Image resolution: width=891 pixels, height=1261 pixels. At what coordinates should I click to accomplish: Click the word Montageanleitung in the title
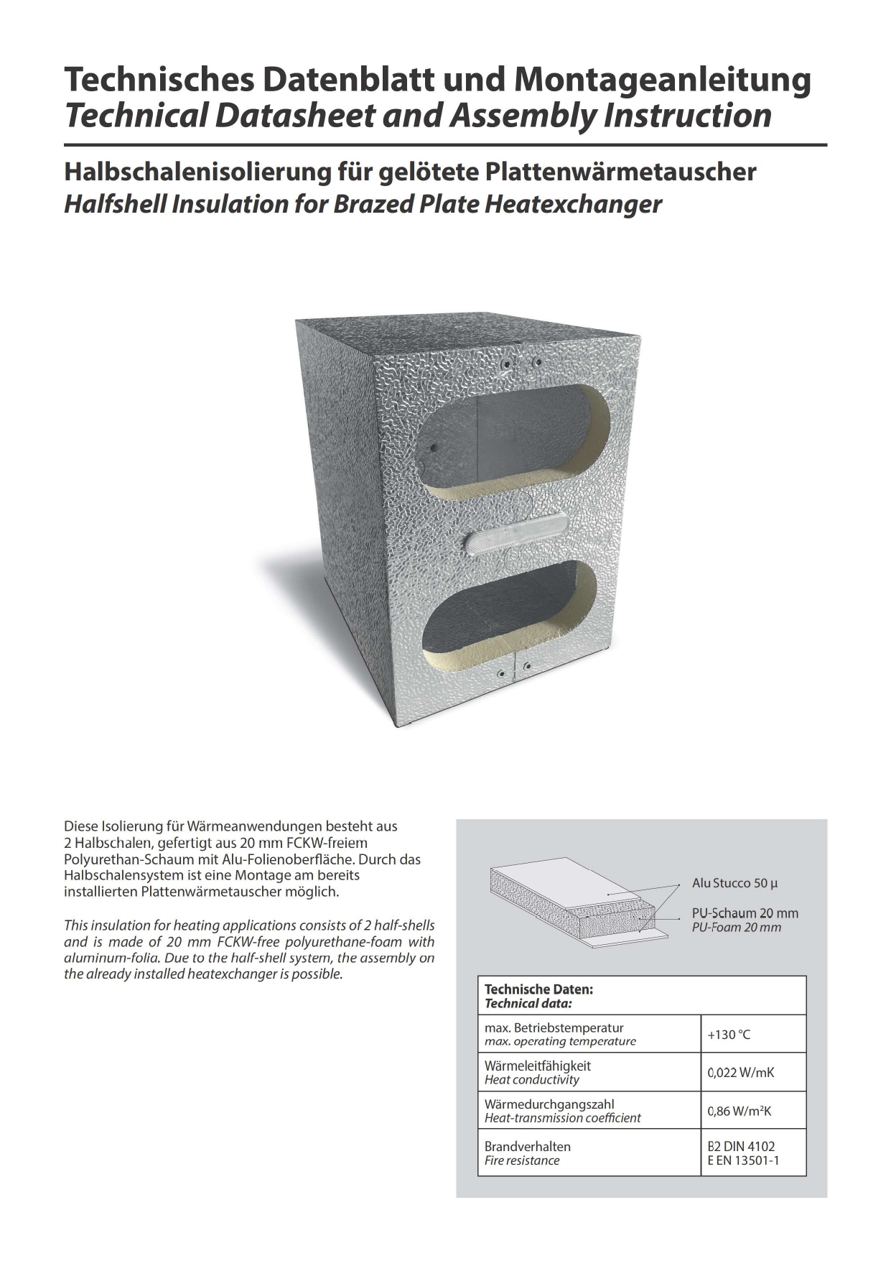pos(663,80)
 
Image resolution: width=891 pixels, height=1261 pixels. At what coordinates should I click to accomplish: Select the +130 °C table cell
pos(729,1035)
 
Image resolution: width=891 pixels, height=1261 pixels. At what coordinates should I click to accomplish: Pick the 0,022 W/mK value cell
pos(741,1073)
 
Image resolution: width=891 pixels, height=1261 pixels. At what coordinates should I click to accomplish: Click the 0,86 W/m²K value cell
pos(740,1111)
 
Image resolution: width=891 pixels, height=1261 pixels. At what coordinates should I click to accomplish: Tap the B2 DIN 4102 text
pos(742,1147)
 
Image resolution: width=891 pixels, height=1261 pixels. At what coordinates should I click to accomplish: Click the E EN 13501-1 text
pos(743,1160)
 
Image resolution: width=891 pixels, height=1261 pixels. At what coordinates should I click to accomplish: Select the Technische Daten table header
pos(538,989)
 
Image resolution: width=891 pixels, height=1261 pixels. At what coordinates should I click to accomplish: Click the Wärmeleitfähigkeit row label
pos(538,1066)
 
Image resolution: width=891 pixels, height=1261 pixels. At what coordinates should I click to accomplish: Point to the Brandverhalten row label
pos(528,1147)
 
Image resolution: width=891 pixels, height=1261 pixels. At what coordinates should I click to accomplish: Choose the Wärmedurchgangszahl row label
pos(549,1104)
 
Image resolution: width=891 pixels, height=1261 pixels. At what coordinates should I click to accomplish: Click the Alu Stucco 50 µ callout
pos(734,883)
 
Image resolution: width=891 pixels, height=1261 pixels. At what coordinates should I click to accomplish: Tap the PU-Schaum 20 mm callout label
pos(745,913)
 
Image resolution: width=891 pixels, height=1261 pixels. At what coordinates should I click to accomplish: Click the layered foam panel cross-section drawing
pos(582,905)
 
